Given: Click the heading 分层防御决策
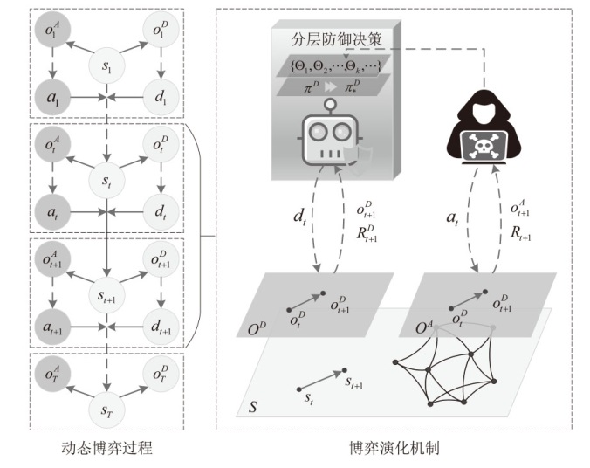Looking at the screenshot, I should click(x=333, y=39).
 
